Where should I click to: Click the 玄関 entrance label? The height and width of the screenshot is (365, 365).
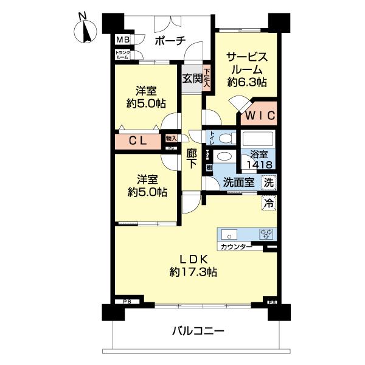(x=192, y=78)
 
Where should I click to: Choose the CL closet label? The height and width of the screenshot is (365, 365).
(x=138, y=141)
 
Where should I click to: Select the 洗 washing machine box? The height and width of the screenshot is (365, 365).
(x=268, y=182)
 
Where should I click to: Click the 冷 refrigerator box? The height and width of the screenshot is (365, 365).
(x=268, y=203)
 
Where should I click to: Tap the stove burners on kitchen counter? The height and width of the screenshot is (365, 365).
(x=266, y=234)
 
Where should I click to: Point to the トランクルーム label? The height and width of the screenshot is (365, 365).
(x=122, y=55)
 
